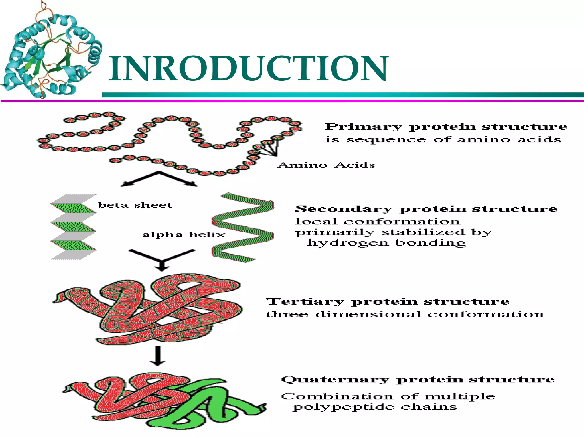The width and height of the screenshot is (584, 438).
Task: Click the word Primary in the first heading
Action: [363, 127]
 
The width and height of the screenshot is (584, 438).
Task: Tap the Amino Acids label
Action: [326, 165]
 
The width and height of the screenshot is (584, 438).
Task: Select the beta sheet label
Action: [135, 205]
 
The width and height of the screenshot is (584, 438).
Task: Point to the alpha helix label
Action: [184, 235]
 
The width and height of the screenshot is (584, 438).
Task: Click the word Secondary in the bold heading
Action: [343, 209]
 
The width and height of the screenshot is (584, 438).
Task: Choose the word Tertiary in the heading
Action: [305, 302]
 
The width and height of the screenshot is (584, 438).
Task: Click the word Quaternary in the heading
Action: [335, 380]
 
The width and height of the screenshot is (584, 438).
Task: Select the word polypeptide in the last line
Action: [343, 407]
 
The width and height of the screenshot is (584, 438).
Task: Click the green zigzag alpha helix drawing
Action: [243, 228]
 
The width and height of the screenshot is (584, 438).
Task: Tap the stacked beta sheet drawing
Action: [73, 227]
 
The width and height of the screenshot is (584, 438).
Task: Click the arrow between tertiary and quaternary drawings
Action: [158, 356]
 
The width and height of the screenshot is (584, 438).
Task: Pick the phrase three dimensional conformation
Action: [405, 314]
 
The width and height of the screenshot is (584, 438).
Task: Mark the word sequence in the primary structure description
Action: [386, 140]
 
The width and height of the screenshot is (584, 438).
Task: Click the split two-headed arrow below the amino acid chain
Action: [159, 179]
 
